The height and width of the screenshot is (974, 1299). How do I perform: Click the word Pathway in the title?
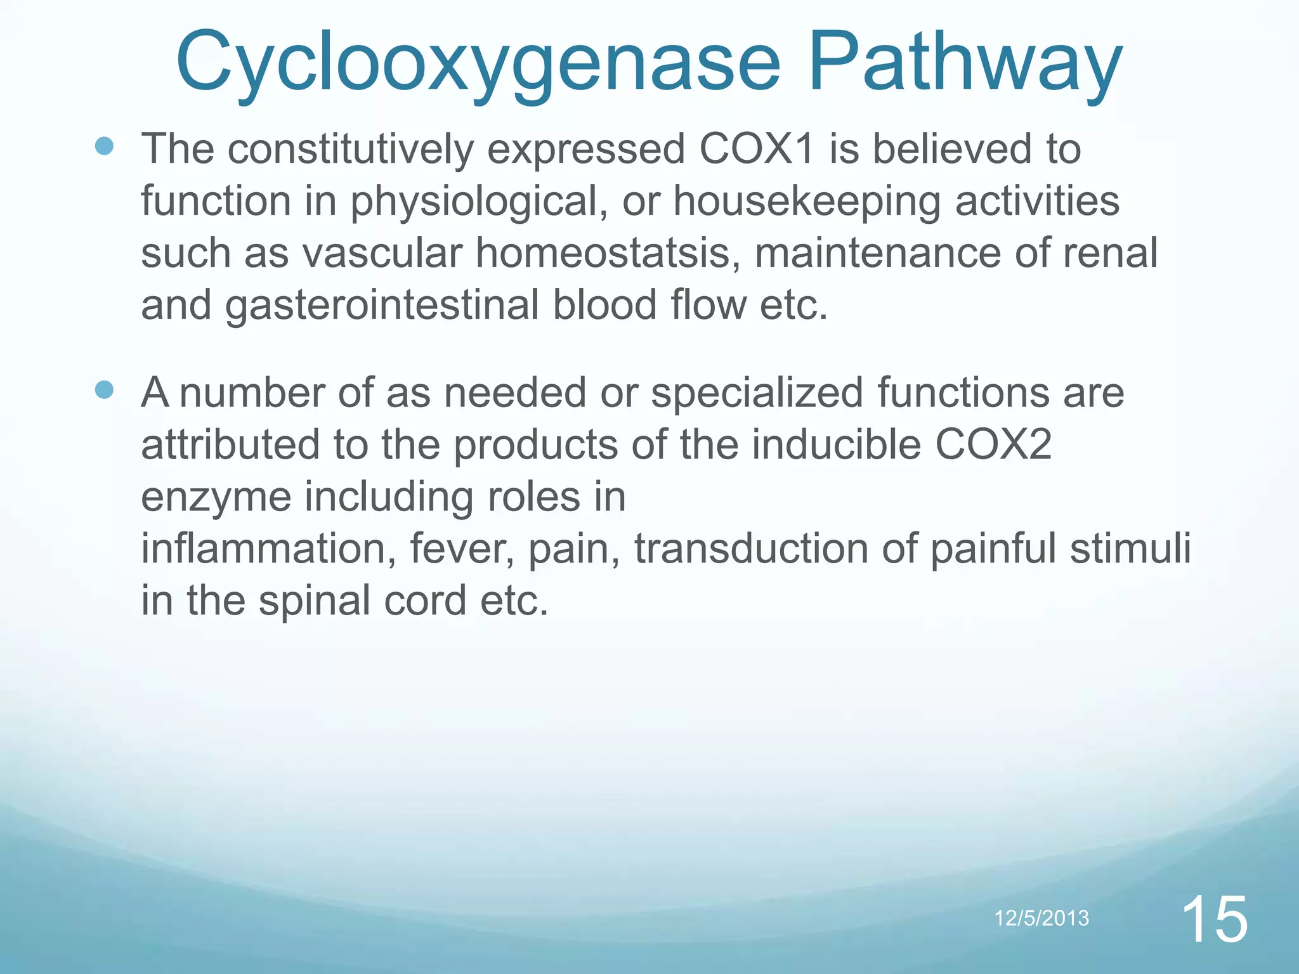[x=964, y=63]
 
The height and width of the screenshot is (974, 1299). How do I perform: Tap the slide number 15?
[x=1215, y=920]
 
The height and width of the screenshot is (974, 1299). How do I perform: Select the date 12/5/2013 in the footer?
[x=1041, y=918]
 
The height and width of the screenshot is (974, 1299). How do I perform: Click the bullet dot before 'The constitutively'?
[x=104, y=147]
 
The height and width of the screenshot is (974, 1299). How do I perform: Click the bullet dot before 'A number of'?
[x=104, y=389]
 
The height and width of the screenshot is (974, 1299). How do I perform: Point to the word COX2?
[x=993, y=445]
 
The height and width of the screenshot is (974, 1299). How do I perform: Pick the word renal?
[x=1110, y=254]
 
